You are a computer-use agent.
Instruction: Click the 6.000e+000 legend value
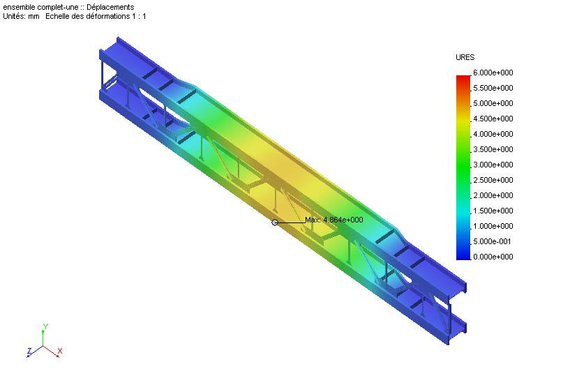(x=493, y=73)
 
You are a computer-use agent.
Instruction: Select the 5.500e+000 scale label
(x=493, y=88)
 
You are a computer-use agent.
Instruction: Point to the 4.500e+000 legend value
(x=493, y=119)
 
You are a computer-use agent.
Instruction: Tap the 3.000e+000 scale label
(x=493, y=165)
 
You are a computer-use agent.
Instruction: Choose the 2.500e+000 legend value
(x=493, y=180)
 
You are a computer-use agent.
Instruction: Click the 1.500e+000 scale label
(x=493, y=211)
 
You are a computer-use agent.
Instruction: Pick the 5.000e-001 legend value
(x=492, y=241)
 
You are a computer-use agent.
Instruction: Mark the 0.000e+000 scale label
(x=493, y=257)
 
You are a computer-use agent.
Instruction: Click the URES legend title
(x=465, y=57)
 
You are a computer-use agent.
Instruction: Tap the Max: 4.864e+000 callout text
(x=334, y=220)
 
